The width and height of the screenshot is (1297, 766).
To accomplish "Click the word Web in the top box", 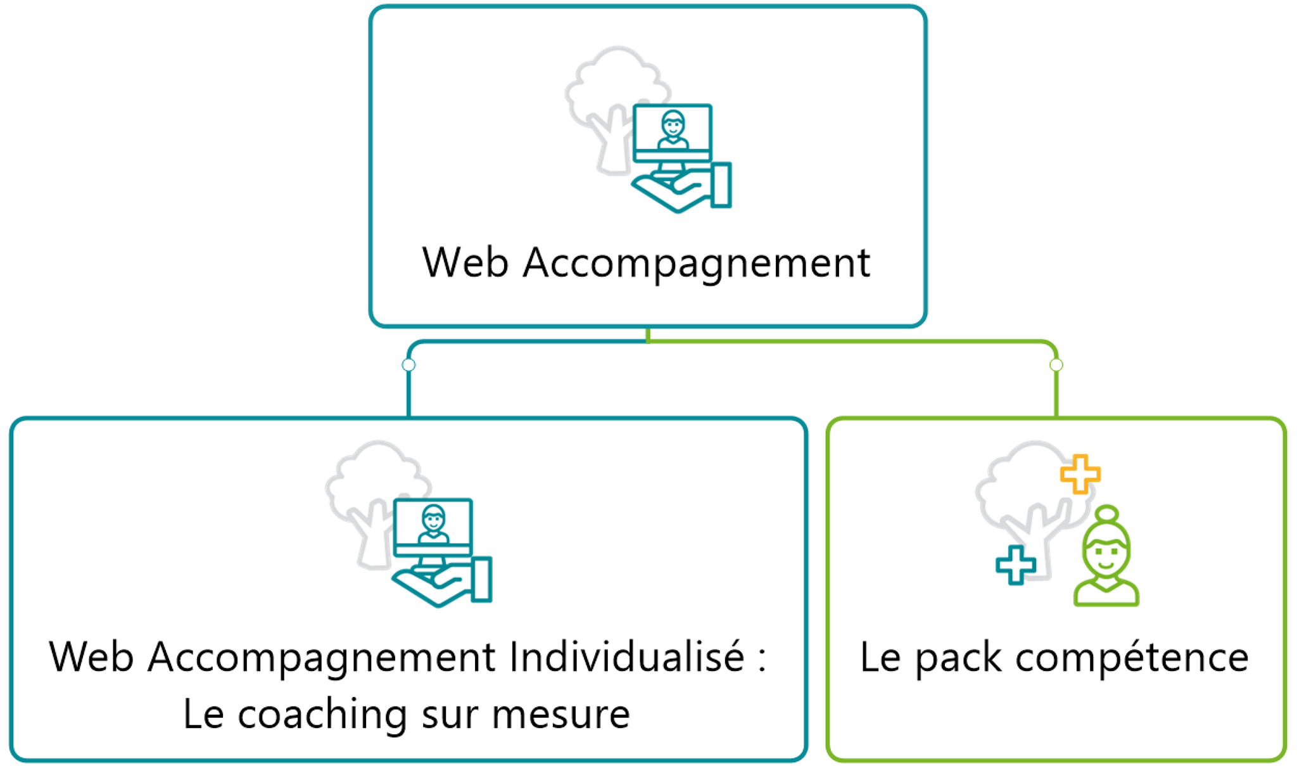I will pyautogui.click(x=465, y=262).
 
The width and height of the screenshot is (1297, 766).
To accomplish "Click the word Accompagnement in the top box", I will pyautogui.click(x=697, y=264).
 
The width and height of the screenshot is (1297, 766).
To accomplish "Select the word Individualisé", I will pyautogui.click(x=626, y=656).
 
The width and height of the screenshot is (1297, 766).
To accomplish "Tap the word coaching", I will pyautogui.click(x=322, y=715).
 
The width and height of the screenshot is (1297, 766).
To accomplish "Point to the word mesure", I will pyautogui.click(x=560, y=715).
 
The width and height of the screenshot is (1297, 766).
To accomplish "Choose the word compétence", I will pyautogui.click(x=1132, y=658).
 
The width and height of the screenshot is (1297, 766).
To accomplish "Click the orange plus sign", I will pyautogui.click(x=1080, y=474).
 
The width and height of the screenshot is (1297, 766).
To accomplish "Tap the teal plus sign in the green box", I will pyautogui.click(x=1016, y=565).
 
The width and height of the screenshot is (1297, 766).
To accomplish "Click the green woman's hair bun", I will pyautogui.click(x=1107, y=513).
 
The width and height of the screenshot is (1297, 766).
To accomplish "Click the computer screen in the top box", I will pyautogui.click(x=673, y=130).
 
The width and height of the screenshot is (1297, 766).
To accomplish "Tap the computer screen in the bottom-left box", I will pyautogui.click(x=433, y=525).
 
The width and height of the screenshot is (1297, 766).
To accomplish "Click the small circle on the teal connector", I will pyautogui.click(x=409, y=365).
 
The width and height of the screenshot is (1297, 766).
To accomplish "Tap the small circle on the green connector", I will pyautogui.click(x=1056, y=365).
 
